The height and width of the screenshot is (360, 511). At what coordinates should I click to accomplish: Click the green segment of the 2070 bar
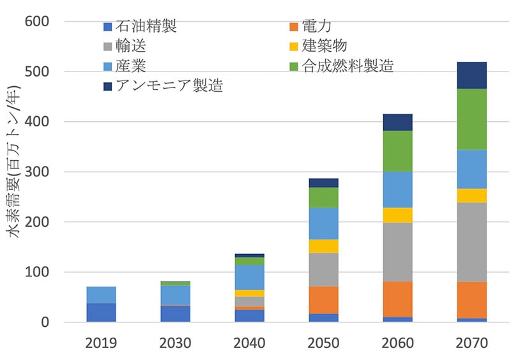(x=472, y=119)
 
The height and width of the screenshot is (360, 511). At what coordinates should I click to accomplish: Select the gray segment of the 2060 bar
(x=397, y=252)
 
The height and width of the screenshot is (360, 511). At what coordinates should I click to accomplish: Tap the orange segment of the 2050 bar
(x=323, y=299)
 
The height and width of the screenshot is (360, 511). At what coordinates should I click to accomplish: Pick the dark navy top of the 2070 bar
(x=472, y=75)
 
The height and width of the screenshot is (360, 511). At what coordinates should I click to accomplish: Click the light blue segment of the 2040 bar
(x=249, y=277)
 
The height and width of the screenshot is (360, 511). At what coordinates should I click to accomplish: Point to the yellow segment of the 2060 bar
(x=397, y=215)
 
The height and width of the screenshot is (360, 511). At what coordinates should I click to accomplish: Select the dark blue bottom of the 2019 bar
(x=101, y=313)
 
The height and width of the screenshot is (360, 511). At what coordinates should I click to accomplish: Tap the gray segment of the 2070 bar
(x=472, y=242)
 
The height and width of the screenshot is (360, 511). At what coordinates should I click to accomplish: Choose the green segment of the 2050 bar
(x=323, y=197)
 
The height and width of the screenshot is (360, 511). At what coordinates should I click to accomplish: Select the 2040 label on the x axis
(x=249, y=343)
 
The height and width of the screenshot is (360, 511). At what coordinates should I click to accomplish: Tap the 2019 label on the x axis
(x=101, y=343)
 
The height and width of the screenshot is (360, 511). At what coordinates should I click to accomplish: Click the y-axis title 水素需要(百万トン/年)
(x=15, y=172)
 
